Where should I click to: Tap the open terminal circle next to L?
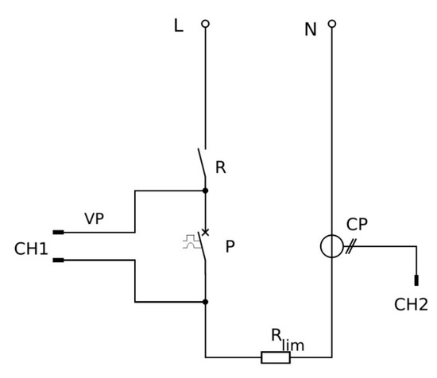[205, 25]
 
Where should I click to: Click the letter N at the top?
[311, 30]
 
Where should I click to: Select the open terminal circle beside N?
[332, 24]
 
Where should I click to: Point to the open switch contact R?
[202, 164]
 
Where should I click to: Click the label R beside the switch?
[221, 168]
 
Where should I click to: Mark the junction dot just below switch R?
[206, 191]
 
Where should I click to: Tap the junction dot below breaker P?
[206, 302]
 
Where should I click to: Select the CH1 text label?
[31, 249]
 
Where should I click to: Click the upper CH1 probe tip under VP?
[58, 233]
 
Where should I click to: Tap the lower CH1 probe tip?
[58, 260]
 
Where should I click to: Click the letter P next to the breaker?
[230, 247]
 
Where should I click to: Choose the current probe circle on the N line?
[331, 247]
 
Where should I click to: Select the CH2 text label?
[411, 305]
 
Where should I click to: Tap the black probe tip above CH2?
[416, 280]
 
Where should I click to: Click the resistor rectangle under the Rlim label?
[276, 357]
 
